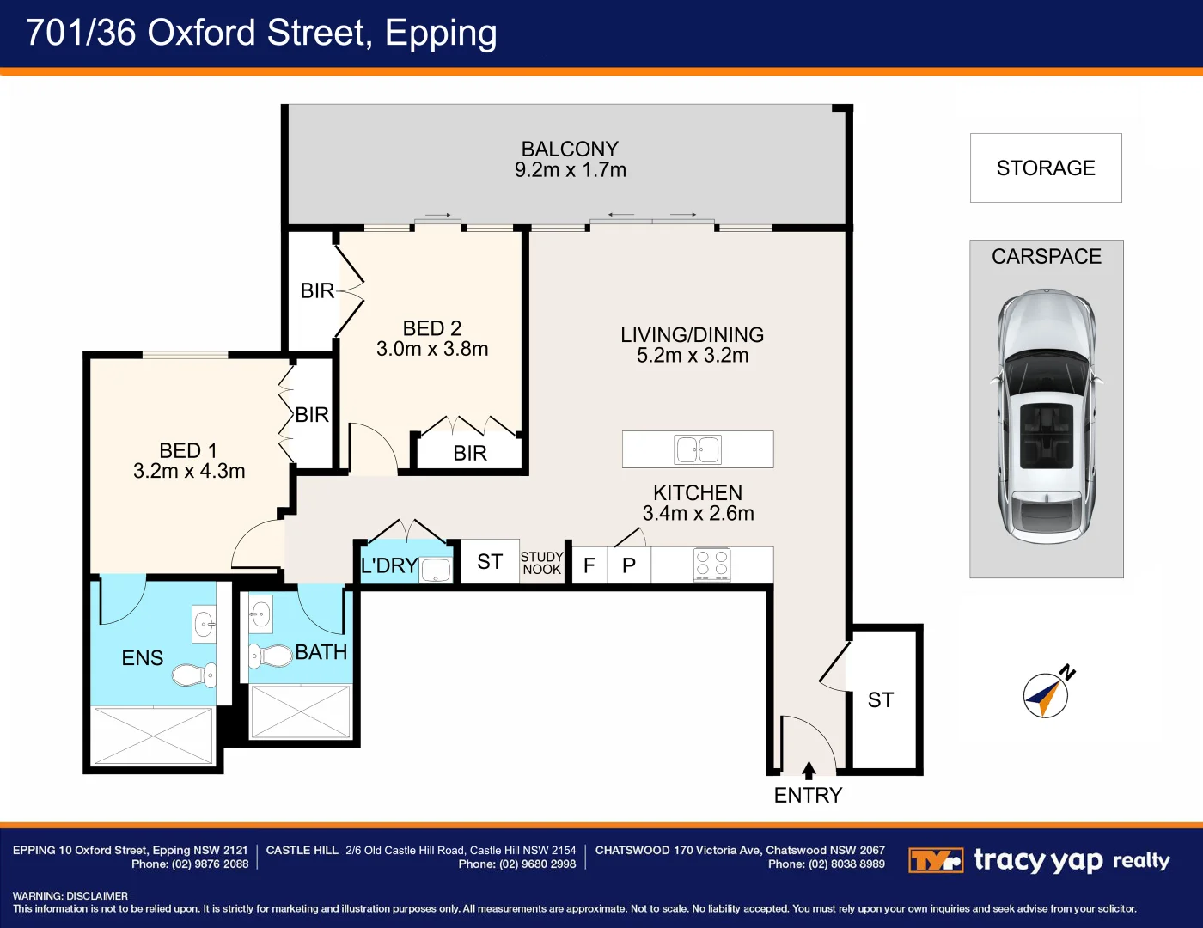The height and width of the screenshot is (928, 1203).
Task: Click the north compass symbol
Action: pos(1047,694)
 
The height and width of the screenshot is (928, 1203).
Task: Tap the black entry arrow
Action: pos(809,769)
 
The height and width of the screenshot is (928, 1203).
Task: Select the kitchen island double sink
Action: pos(698,449)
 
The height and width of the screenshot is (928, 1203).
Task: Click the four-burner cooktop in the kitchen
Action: pos(711,564)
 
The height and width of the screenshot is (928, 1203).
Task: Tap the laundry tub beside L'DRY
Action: pos(436,570)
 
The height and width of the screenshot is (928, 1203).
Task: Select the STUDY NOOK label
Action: pos(541,564)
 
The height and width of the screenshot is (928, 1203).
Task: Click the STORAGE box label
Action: pos(1046,168)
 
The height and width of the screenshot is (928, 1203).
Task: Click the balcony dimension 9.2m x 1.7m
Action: pos(571,170)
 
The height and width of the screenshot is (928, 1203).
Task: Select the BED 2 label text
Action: pos(431,328)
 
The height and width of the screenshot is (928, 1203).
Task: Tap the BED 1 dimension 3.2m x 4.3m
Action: pos(189,471)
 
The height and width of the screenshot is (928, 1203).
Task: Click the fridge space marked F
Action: pos(589,565)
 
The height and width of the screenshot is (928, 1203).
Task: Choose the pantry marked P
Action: pos(629,565)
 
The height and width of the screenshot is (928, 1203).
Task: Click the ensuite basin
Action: pos(204,624)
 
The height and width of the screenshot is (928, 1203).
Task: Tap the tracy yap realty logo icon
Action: pos(935,860)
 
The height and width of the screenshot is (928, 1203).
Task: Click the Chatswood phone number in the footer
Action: pos(826,864)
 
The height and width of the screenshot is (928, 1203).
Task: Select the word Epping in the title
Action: pos(441,33)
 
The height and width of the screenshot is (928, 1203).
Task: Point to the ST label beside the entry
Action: pos(880,700)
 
